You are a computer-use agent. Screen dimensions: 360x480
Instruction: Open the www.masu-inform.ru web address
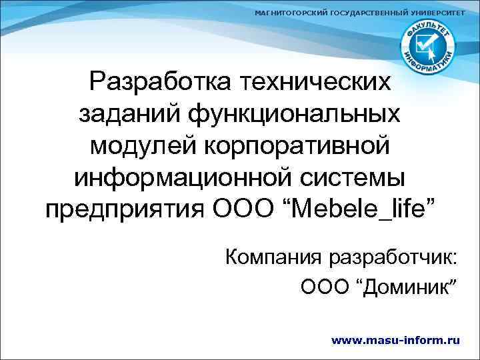coord(395,340)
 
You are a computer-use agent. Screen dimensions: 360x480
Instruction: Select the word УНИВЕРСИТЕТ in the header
coord(431,14)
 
